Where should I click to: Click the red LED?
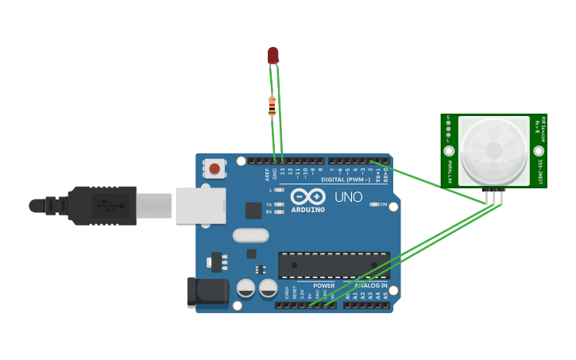click(273, 55)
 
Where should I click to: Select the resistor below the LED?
click(273, 106)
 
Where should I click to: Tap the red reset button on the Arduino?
click(214, 168)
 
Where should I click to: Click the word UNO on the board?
click(348, 197)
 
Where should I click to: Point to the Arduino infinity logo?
click(307, 196)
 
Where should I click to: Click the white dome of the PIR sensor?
click(493, 150)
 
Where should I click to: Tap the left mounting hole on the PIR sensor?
click(449, 151)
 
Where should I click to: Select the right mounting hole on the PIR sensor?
click(539, 150)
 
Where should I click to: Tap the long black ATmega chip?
click(334, 265)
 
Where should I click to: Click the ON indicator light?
click(373, 204)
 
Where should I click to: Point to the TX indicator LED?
click(279, 204)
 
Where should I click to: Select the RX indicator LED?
click(279, 212)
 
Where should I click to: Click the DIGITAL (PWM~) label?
click(346, 180)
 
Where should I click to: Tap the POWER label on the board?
click(323, 285)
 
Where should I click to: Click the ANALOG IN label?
click(370, 285)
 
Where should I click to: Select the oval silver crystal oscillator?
click(251, 235)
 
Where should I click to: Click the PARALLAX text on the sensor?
click(450, 172)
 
